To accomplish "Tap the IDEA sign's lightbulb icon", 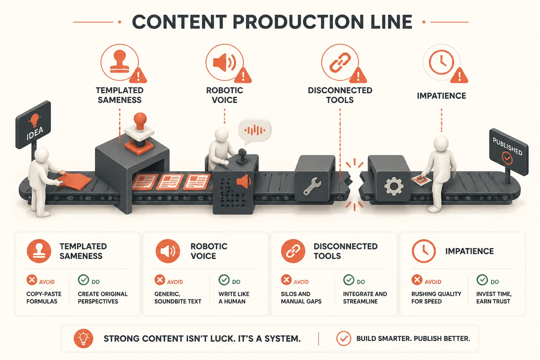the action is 34,120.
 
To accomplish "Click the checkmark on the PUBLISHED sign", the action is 507,158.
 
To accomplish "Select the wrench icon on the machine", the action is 312,186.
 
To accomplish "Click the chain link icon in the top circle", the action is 340,63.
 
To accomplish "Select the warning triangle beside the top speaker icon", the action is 243,76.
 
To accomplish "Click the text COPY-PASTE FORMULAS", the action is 44,297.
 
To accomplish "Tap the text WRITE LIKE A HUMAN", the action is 234,297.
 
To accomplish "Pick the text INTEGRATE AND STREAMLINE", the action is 365,297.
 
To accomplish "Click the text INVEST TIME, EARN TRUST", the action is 494,297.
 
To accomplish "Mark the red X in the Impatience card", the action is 417,280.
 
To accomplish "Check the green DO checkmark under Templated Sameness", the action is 83,280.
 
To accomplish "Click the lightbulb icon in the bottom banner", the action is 83,338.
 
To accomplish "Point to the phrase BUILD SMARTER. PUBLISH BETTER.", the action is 413,339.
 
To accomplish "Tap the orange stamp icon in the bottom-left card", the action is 39,251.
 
